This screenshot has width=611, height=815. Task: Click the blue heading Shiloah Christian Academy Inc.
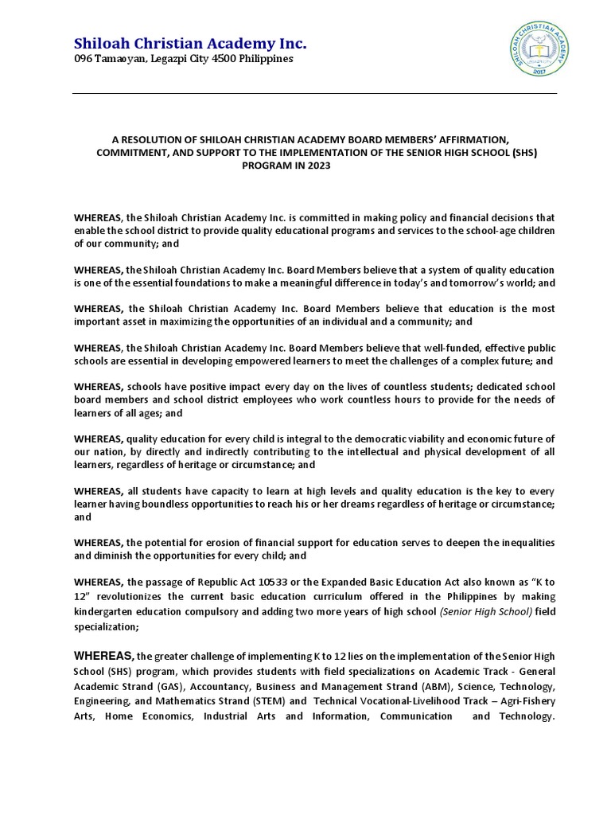tap(190, 43)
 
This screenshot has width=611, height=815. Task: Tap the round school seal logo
tap(539, 49)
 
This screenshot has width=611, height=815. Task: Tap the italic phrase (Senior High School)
tap(486, 611)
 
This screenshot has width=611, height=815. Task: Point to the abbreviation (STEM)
tap(267, 701)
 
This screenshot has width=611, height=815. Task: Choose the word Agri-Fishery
tap(527, 701)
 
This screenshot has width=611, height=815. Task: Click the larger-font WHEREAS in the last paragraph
tap(103, 656)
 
